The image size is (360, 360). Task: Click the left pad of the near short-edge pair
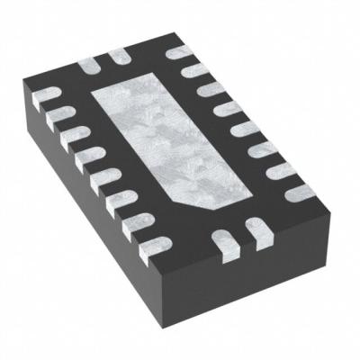point(222,238)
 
